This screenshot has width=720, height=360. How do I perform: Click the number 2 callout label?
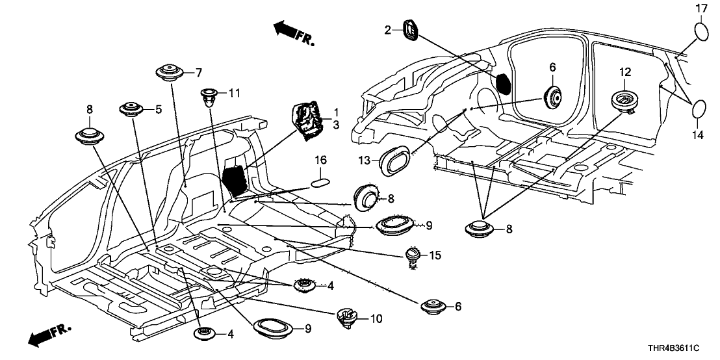click(x=387, y=30)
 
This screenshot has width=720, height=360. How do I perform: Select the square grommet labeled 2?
click(x=410, y=30)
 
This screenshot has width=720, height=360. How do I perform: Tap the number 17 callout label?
click(x=701, y=8)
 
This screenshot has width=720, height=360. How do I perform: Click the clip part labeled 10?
click(x=346, y=317)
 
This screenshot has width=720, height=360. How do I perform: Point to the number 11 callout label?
click(x=233, y=94)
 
